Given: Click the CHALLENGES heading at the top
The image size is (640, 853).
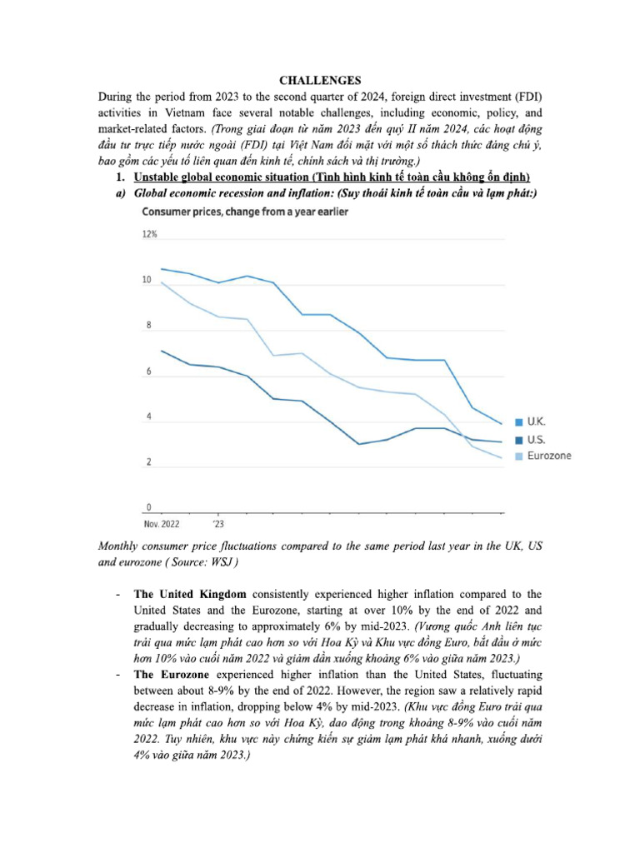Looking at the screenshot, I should pyautogui.click(x=320, y=81).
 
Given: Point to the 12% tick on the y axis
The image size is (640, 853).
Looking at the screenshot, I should pyautogui.click(x=150, y=235).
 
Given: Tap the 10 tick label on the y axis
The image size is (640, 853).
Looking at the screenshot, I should pyautogui.click(x=147, y=281).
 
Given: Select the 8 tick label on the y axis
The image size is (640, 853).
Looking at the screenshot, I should pyautogui.click(x=148, y=327).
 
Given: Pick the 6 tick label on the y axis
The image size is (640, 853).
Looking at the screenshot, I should pyautogui.click(x=148, y=372).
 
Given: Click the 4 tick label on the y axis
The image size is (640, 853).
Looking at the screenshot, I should pyautogui.click(x=148, y=417).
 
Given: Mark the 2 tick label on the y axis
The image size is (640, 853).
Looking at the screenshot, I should pyautogui.click(x=148, y=462).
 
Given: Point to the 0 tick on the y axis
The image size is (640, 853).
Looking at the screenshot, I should pyautogui.click(x=148, y=507).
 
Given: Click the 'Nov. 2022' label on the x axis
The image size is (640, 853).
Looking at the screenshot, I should pyautogui.click(x=162, y=525).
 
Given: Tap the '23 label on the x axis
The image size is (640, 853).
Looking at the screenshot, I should pyautogui.click(x=217, y=525).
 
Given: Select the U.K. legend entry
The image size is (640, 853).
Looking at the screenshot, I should pyautogui.click(x=537, y=422).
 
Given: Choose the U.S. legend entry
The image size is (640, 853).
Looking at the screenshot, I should pyautogui.click(x=537, y=439).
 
